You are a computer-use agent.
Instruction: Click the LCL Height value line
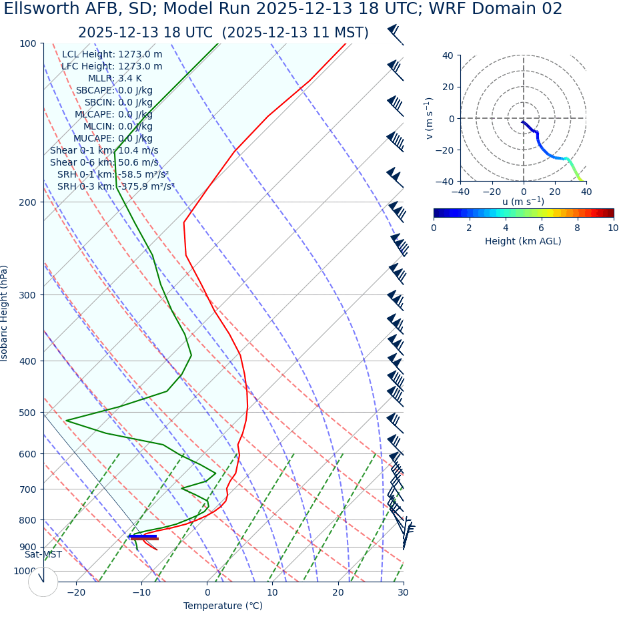coord(112,55)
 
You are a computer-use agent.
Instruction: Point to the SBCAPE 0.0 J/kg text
coord(114,91)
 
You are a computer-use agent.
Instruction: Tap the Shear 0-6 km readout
coord(104,163)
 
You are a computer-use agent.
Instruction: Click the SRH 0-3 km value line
coord(116,187)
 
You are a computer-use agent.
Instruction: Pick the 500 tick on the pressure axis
coord(28,413)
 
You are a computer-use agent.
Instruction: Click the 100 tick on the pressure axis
coord(28,43)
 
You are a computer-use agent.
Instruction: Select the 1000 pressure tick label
coord(25,571)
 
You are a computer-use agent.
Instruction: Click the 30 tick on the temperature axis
coord(403,592)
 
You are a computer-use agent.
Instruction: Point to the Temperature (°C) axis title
coord(223,606)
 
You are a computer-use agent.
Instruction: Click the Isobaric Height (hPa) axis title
coord(5,313)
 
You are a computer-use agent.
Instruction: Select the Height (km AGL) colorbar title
coord(523,241)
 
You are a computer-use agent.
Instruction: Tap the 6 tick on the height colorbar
coord(541,228)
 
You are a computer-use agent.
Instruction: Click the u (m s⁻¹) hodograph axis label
coord(523,202)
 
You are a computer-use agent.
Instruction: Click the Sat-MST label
coord(43,555)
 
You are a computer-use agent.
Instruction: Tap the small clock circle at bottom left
coord(43,582)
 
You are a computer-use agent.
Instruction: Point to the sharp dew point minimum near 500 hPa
coord(67,421)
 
